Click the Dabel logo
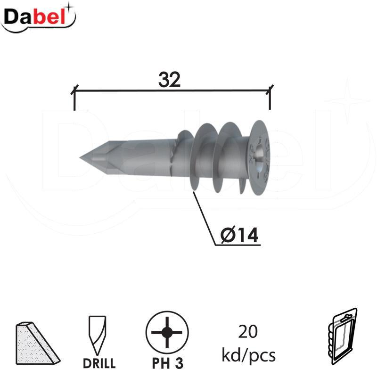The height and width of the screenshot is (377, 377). (x=39, y=17)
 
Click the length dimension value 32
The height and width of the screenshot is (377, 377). (x=169, y=80)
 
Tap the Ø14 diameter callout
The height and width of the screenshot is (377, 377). (x=239, y=234)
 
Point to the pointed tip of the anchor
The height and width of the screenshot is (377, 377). (x=80, y=158)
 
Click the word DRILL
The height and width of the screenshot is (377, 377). (x=99, y=363)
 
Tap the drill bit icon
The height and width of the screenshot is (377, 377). (x=98, y=335)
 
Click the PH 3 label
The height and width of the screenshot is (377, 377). (x=168, y=363)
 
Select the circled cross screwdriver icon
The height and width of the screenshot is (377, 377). (x=167, y=333)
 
